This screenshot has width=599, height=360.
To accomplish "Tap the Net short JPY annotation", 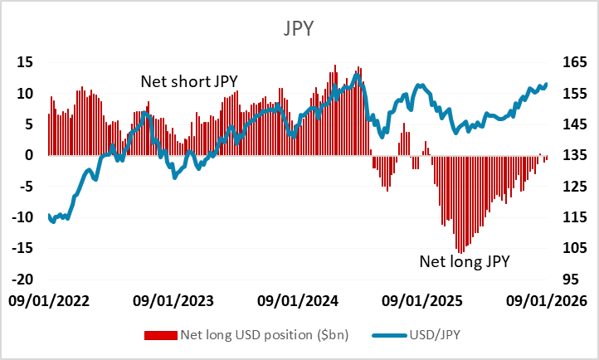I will coord(189,81).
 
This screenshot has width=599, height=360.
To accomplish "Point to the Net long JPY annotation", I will coord(464,262).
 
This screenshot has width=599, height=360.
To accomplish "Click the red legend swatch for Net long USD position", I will coord(162,335).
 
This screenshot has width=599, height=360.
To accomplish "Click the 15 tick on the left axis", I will coord(25,62).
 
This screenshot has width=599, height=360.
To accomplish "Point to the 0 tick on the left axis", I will coord(28,155).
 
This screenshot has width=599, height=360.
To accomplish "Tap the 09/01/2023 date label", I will coord(174,299).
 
